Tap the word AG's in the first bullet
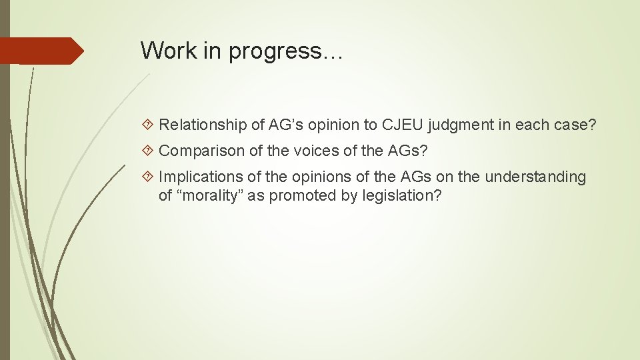(x=290, y=124)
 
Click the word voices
(x=322, y=151)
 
